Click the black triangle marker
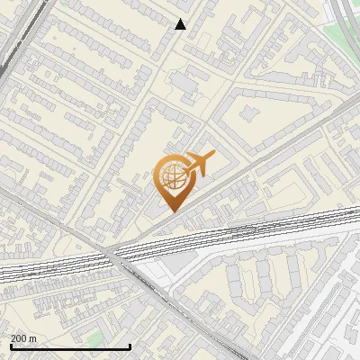(x=181, y=24)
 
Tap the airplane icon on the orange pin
(x=201, y=164)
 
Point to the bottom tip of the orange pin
(x=172, y=211)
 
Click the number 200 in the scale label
(x=20, y=338)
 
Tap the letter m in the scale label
(x=34, y=338)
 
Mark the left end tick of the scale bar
(x=10, y=346)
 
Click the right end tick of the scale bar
(x=130, y=346)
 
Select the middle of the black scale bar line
(x=70, y=346)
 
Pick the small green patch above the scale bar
(x=95, y=338)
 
